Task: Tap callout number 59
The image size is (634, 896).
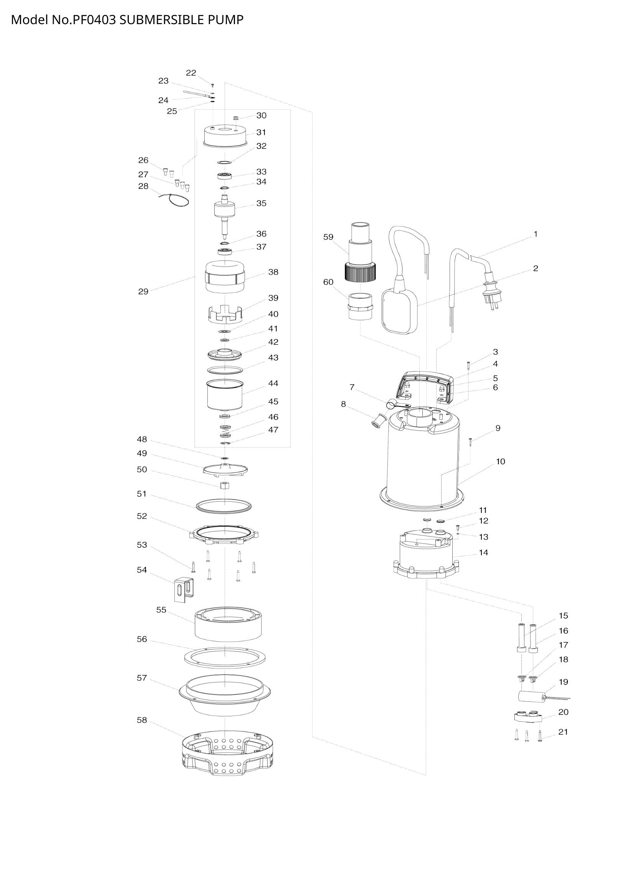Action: point(328,237)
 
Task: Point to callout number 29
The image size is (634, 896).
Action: point(143,292)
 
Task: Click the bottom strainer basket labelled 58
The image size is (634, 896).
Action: point(227,754)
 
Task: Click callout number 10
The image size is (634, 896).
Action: point(501,462)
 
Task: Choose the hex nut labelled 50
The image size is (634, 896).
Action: point(225,485)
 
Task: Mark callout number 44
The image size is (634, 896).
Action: point(273,383)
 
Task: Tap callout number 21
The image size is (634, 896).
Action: point(563,732)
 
